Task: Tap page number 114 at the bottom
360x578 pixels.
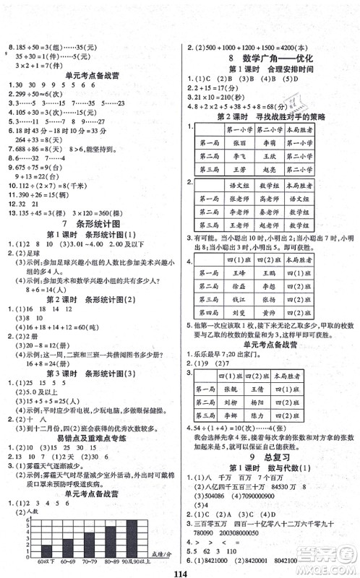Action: click(179, 568)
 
